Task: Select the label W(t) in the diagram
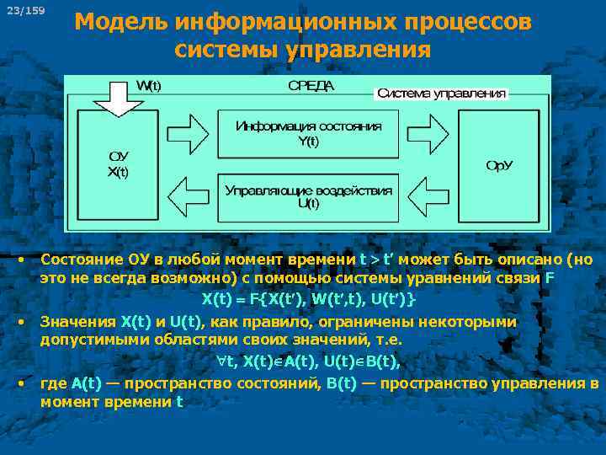point(151,86)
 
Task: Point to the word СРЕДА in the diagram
point(311,86)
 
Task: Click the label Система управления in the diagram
point(441,94)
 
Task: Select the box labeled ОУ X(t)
point(118,165)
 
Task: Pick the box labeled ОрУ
point(498,165)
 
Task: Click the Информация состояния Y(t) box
point(308,133)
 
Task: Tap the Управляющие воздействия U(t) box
point(308,196)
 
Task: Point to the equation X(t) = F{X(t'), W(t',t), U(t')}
point(308,299)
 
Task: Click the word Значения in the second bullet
point(79,321)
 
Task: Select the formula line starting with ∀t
point(308,361)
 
